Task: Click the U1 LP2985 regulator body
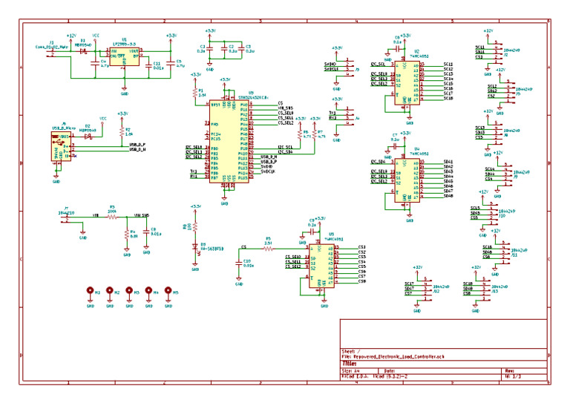click(x=125, y=57)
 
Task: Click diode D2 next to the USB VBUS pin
click(x=88, y=136)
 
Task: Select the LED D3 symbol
click(x=196, y=250)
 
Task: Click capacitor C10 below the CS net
click(x=239, y=263)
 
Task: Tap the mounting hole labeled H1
click(x=91, y=292)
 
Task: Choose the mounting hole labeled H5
click(x=168, y=292)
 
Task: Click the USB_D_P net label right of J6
click(x=137, y=144)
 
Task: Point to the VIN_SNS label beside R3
click(x=141, y=215)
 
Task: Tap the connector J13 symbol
click(x=485, y=288)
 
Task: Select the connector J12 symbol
click(x=426, y=288)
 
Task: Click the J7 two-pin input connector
click(x=67, y=217)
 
